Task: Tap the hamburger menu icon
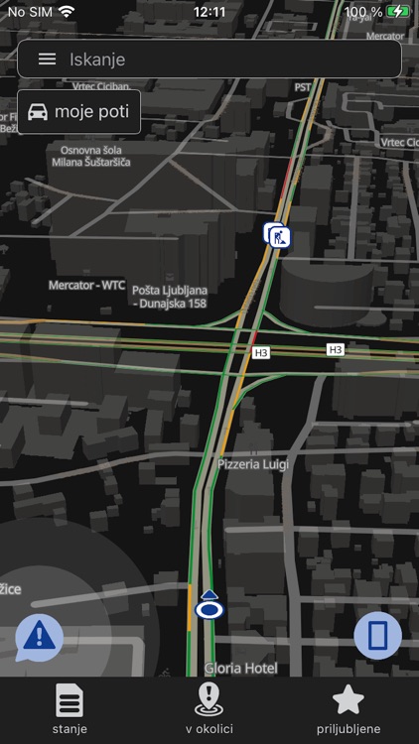[47, 59]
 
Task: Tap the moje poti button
[78, 111]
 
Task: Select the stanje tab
[70, 709]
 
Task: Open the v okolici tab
[209, 709]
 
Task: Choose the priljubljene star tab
[348, 709]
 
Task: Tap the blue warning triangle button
[40, 636]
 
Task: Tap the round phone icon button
[377, 636]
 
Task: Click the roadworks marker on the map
[276, 235]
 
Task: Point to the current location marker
[208, 606]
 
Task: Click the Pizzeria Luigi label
[253, 463]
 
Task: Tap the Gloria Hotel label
[240, 669]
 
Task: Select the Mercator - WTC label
[86, 286]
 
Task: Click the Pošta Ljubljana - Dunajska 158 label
[169, 296]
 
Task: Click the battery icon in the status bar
[399, 12]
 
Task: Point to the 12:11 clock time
[209, 12]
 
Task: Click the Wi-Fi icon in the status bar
[67, 12]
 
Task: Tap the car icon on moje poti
[38, 111]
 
